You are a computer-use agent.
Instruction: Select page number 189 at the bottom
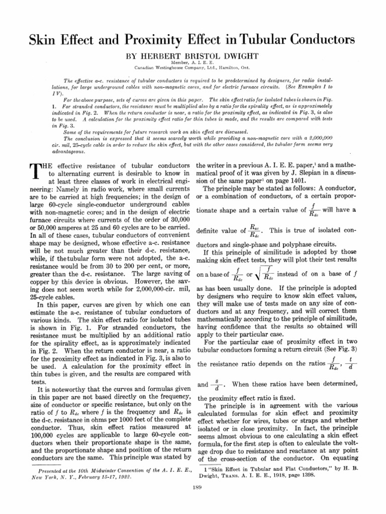tap(193, 487)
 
